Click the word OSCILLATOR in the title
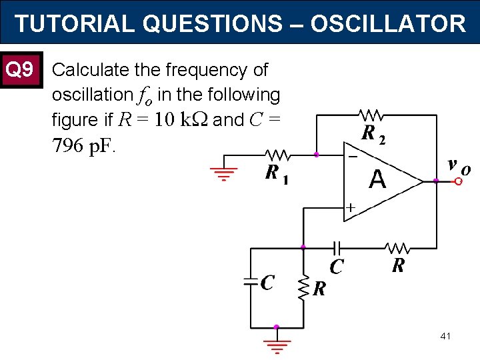(387, 23)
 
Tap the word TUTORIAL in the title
(75, 23)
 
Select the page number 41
(445, 336)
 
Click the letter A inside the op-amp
(377, 179)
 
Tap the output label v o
(457, 165)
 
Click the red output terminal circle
(458, 181)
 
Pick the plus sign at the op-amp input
(349, 207)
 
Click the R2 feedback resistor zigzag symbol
(370, 114)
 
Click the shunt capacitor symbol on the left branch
(251, 282)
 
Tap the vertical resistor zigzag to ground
(303, 285)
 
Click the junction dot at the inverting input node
(317, 155)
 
